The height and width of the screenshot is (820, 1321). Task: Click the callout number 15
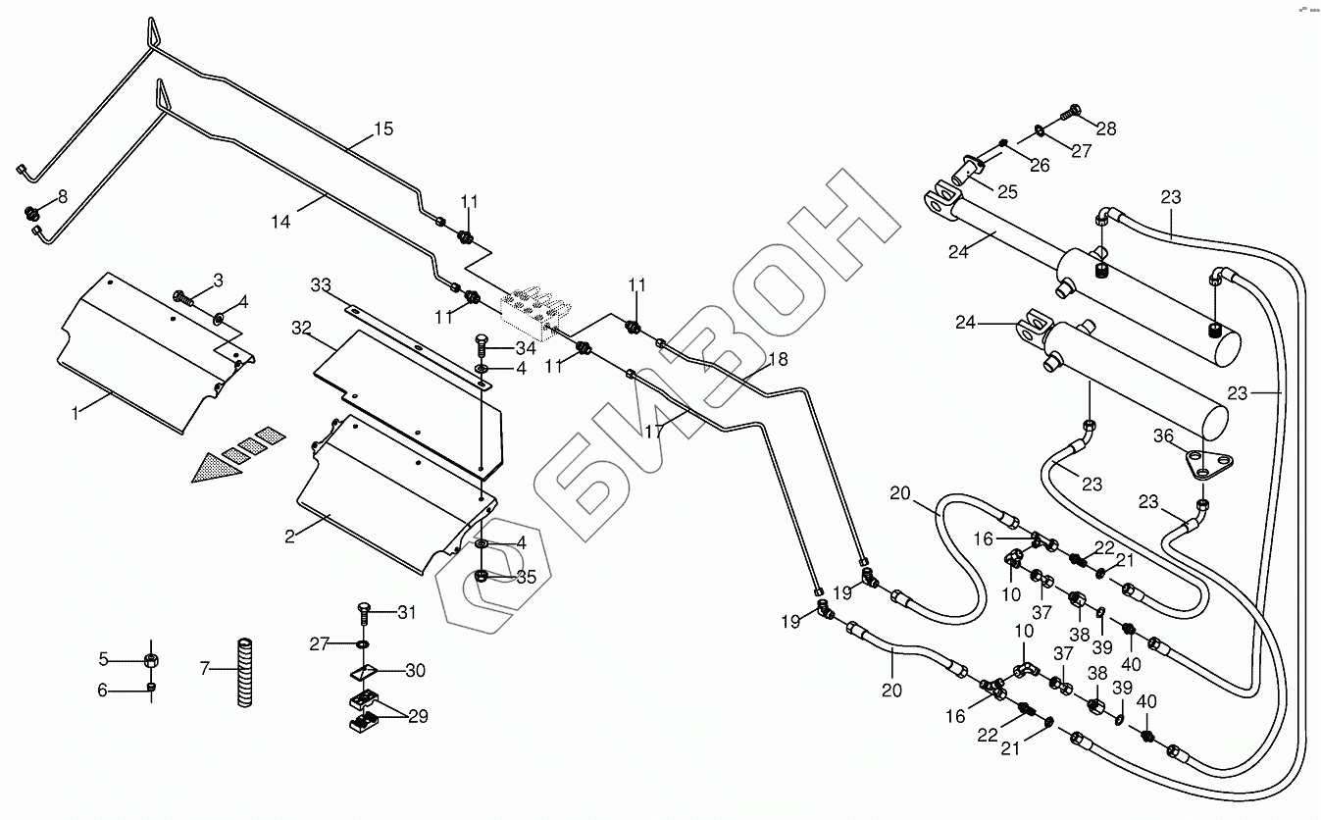tap(382, 128)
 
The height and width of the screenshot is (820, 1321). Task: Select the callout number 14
tap(280, 224)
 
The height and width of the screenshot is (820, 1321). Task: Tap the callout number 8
tap(63, 196)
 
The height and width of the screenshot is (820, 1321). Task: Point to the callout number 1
tap(74, 413)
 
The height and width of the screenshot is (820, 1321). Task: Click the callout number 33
tap(320, 285)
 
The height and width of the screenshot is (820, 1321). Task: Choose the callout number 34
tap(526, 347)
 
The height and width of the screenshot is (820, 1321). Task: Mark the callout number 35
tap(526, 578)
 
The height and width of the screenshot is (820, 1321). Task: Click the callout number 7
tap(205, 669)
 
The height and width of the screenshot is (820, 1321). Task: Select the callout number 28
tap(1106, 128)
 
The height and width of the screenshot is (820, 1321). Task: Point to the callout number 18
tap(777, 359)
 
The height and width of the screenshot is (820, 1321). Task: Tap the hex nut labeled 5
tap(152, 658)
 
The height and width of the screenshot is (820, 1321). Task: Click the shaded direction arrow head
tap(211, 469)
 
